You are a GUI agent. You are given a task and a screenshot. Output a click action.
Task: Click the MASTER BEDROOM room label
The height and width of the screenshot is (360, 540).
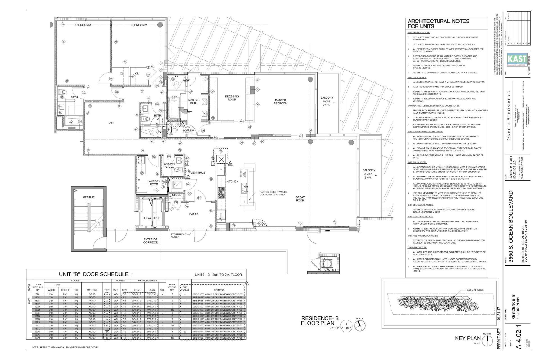pos(280,102)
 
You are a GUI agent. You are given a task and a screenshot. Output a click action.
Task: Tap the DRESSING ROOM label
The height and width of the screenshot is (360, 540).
pos(232,98)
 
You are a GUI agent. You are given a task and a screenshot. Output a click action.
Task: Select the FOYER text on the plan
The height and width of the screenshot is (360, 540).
pos(193,214)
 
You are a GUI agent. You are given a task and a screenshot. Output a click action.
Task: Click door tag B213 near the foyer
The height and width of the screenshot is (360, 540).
pos(199,198)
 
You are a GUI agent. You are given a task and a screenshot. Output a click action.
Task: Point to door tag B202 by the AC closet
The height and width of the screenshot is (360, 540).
pos(188,184)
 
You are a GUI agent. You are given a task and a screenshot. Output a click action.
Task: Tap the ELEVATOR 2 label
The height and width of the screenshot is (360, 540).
pos(151,218)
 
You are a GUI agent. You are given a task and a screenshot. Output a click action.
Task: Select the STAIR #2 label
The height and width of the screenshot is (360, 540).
pos(89,197)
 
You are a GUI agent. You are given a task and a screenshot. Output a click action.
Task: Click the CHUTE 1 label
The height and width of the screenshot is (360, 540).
pos(330,270)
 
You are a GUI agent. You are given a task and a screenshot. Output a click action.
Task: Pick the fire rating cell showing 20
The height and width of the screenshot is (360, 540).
pos(185,332)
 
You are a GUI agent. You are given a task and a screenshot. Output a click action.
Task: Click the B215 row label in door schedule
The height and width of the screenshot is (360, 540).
pos(38,338)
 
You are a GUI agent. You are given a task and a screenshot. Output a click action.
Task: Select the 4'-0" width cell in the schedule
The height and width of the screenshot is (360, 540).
pos(51,338)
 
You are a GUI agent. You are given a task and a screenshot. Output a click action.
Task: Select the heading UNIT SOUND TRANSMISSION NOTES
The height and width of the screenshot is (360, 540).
pos(425,132)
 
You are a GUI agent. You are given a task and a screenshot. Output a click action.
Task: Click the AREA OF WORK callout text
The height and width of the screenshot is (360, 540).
pos(475,290)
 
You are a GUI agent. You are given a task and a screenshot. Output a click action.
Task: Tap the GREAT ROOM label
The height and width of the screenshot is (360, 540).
pos(300,199)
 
